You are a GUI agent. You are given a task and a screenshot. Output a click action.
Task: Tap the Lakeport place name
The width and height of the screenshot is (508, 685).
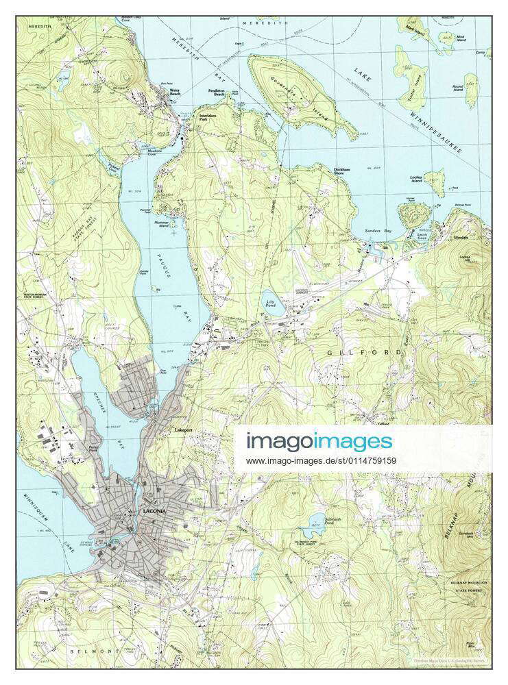pos(184,430)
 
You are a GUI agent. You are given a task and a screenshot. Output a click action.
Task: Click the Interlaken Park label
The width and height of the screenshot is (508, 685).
pos(208,118)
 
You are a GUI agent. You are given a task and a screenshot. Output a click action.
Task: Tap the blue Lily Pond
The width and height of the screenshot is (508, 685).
pos(272,304)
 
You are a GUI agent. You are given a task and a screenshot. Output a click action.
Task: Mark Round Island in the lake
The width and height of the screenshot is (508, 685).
pos(471,90)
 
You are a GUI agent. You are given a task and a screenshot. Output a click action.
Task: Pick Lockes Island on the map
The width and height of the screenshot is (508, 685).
pos(435,182)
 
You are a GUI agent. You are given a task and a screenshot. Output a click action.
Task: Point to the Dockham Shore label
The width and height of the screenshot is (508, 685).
pos(341,171)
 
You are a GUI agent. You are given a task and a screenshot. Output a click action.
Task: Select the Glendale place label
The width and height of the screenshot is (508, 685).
pos(461,237)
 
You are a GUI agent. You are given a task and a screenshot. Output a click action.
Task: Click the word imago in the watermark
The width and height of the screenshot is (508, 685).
pos(281,440)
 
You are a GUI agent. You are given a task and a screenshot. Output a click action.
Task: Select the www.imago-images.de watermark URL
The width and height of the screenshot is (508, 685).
pos(321,460)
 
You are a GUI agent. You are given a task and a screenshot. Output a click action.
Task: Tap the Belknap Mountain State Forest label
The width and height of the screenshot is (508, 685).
pos(466,582)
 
